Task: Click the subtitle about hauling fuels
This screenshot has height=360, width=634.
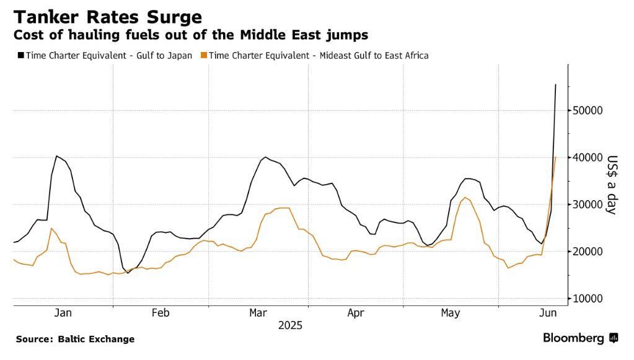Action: (x=191, y=35)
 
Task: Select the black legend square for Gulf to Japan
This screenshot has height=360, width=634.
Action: (x=20, y=55)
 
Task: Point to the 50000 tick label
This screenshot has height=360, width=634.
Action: (x=589, y=110)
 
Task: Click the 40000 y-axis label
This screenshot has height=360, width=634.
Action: (x=589, y=157)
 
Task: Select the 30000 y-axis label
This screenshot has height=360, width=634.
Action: (x=589, y=204)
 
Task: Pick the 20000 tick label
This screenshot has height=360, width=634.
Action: (x=589, y=252)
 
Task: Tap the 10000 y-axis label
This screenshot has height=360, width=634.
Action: (x=589, y=299)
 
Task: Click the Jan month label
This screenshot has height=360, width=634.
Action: (x=63, y=313)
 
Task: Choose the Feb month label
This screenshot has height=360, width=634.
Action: (x=161, y=313)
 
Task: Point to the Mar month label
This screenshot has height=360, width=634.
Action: (x=258, y=313)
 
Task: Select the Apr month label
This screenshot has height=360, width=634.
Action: (x=356, y=313)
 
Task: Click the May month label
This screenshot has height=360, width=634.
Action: (x=451, y=313)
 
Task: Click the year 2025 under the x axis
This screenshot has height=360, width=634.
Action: (x=290, y=325)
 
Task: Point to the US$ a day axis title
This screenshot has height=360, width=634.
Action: (x=612, y=184)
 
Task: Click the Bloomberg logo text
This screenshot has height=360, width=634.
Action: (x=573, y=338)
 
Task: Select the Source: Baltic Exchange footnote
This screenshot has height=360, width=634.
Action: (x=75, y=339)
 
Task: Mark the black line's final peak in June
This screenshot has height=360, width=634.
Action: (x=555, y=84)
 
